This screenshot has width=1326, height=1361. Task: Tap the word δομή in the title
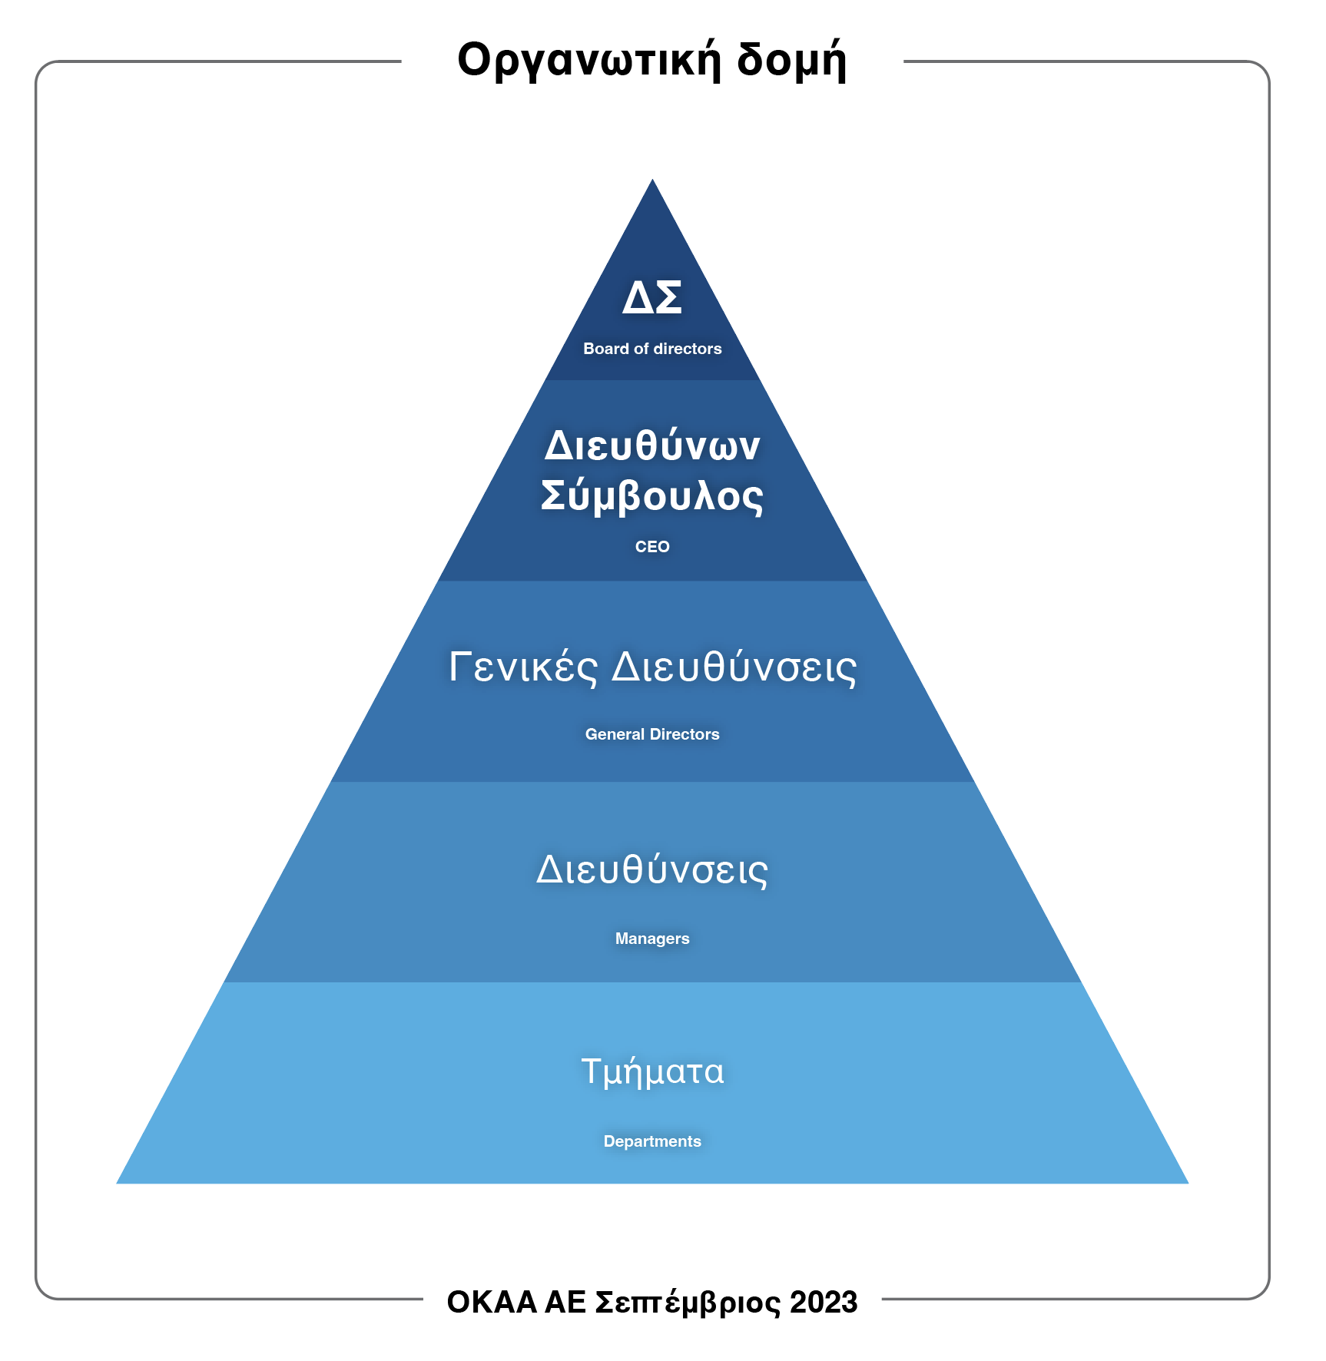tap(791, 60)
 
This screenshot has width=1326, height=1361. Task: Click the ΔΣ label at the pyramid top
tap(652, 297)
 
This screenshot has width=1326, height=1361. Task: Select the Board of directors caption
tap(652, 349)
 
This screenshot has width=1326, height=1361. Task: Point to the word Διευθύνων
tap(652, 445)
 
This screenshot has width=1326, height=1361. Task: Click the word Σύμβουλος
tap(652, 495)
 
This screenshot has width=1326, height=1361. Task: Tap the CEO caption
tap(652, 547)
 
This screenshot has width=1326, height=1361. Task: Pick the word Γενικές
tap(523, 667)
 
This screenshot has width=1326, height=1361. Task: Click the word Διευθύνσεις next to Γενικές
tap(734, 667)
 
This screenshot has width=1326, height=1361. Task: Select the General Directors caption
tap(652, 734)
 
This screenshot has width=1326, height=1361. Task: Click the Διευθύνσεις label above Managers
tap(652, 870)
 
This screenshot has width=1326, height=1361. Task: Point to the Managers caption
tap(652, 939)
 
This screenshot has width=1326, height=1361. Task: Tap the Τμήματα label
tap(652, 1071)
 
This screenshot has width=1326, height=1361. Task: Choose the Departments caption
tap(652, 1141)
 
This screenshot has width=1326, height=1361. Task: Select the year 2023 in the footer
tap(824, 1303)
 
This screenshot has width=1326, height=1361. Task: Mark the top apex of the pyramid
tap(652, 181)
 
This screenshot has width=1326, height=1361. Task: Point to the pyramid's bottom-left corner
tap(118, 1182)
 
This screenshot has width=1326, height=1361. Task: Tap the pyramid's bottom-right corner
tap(1186, 1182)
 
